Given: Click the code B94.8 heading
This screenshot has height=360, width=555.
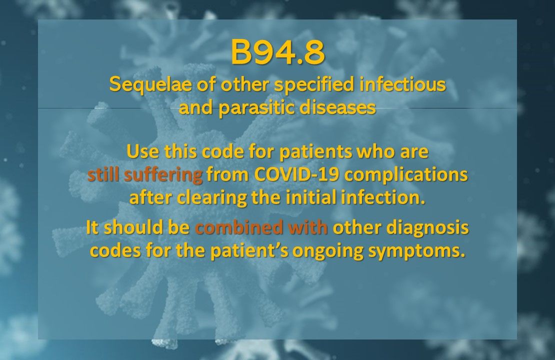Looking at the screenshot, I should (x=277, y=54).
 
